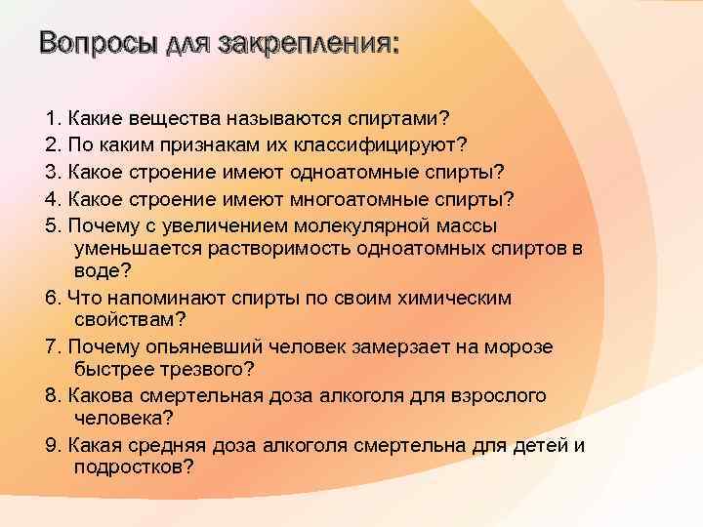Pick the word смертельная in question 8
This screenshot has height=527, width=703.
coord(201,395)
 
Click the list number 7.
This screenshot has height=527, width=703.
coord(53,347)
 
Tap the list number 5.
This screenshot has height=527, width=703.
coord(53,224)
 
